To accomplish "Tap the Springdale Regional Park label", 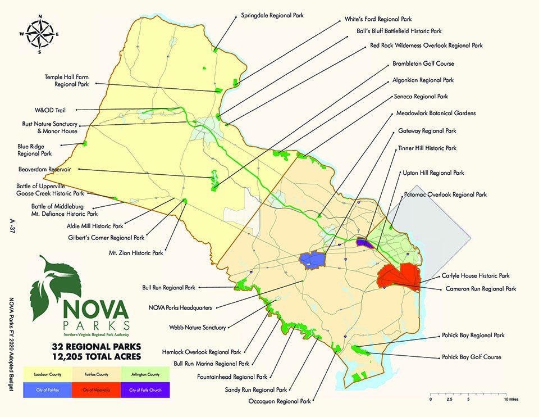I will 272,16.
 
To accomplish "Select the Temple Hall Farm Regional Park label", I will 67,80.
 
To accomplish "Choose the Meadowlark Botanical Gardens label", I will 436,113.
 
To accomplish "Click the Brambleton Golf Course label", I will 423,64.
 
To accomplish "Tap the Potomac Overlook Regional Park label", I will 445,194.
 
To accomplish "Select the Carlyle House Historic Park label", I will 477,276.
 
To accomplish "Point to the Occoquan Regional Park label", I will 279,401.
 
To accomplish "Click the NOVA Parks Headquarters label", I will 180,307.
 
